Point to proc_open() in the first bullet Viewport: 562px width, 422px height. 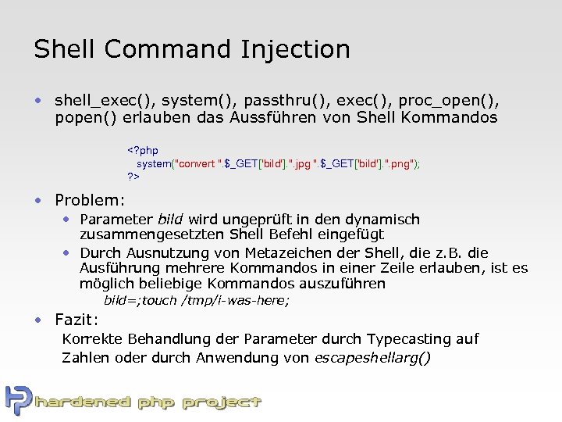[x=456, y=101]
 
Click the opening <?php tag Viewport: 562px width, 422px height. [x=143, y=150]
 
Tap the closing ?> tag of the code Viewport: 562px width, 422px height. [x=133, y=177]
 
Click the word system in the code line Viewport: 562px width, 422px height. [x=154, y=163]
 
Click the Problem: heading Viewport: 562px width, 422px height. [x=90, y=199]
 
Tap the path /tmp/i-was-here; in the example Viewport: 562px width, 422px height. [x=235, y=301]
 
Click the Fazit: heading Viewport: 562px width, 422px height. [x=76, y=319]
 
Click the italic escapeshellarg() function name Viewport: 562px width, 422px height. [x=372, y=358]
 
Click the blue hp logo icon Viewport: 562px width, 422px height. [x=17, y=400]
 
